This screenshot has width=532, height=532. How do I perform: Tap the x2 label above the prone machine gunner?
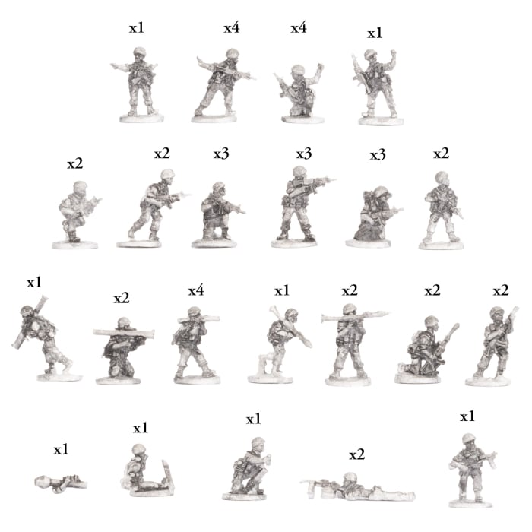(356, 455)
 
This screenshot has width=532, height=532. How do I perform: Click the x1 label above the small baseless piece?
(61, 449)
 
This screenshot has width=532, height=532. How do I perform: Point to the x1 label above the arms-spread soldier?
(136, 28)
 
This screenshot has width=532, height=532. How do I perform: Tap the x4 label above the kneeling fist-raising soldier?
(299, 28)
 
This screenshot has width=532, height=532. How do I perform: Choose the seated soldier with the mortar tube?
(141, 475)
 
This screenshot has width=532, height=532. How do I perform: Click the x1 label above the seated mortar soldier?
(141, 429)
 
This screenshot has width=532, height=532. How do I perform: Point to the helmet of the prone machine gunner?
(351, 478)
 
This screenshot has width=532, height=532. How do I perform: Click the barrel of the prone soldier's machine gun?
(312, 482)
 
